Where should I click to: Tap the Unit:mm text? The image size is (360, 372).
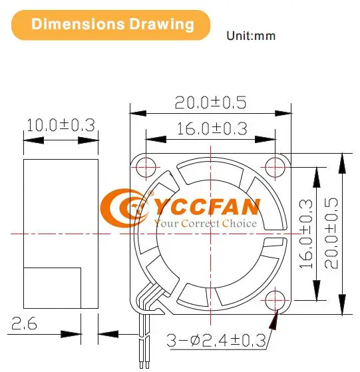click(251, 35)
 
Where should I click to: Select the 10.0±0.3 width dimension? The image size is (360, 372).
click(61, 124)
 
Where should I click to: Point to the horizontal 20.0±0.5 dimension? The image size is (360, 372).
click(210, 102)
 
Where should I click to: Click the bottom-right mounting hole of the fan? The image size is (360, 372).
click(275, 301)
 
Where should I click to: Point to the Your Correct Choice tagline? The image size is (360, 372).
click(205, 224)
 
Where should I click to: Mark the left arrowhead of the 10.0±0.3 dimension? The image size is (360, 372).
click(29, 140)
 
